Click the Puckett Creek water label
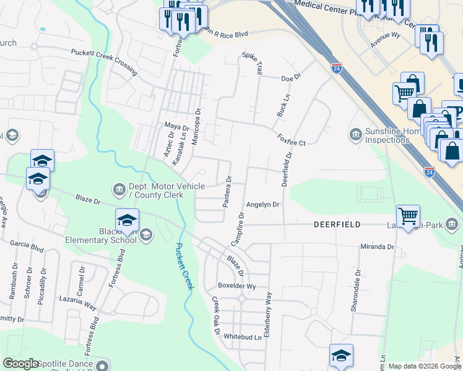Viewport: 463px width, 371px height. coord(184,266)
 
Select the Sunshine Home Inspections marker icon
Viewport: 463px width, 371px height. coord(356,134)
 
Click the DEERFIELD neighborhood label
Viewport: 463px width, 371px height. coord(337,225)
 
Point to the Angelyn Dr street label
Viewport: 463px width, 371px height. coord(263,204)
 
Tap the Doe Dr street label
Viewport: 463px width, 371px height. coord(290,79)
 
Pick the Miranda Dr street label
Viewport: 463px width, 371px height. coord(377,246)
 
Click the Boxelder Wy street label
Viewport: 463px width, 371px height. coord(236,286)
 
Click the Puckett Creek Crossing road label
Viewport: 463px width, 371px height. coord(104,62)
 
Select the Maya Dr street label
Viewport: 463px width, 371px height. coord(176,126)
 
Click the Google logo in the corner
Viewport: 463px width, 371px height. coord(21,364)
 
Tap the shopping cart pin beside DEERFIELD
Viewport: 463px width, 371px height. coord(408,217)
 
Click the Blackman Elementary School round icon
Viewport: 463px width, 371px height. coord(146,234)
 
